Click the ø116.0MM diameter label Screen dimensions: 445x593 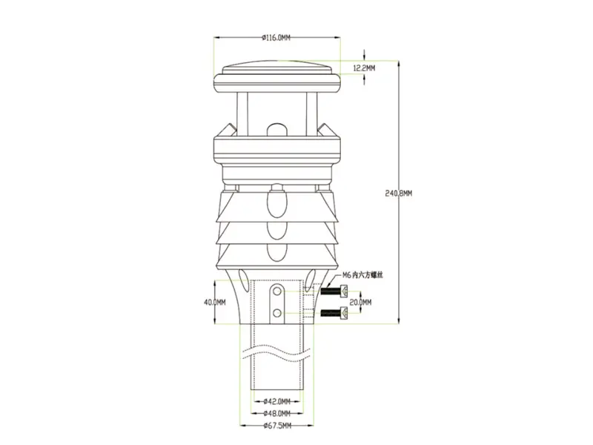click(x=277, y=36)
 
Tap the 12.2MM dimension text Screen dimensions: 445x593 click(x=364, y=67)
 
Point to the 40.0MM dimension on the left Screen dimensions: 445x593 click(x=214, y=302)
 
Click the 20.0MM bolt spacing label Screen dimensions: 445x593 click(x=360, y=302)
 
